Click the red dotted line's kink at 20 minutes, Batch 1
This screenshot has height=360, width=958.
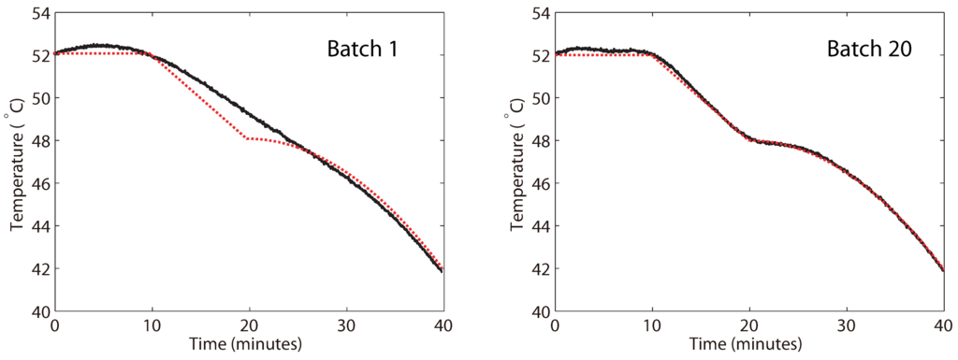248,138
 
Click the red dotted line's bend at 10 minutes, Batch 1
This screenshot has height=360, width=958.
152,53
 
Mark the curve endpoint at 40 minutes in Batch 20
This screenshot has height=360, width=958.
944,270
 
